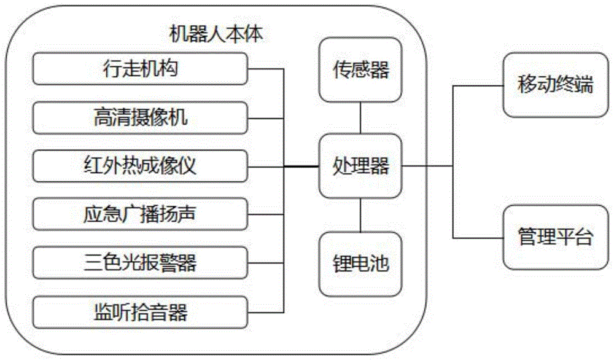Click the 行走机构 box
pos(140,68)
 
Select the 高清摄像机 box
pos(140,117)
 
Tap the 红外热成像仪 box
pos(140,166)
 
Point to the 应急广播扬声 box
pos(140,215)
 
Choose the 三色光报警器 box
pos(140,264)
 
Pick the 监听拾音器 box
pos(140,313)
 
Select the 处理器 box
pos(360,166)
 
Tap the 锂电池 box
pos(360,265)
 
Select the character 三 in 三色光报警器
pos(92,264)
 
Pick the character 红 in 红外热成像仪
pos(92,166)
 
